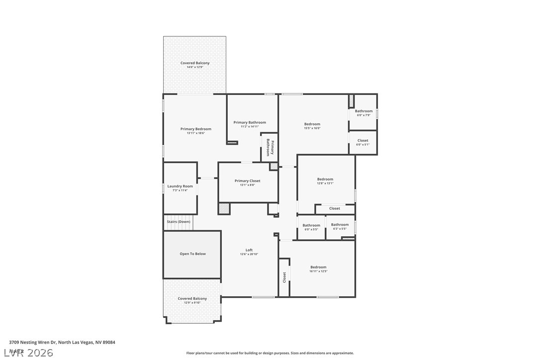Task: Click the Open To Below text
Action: (x=192, y=254)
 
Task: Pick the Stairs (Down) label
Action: (x=179, y=222)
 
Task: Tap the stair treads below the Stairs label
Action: (x=178, y=227)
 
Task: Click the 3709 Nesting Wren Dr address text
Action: (x=62, y=342)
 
